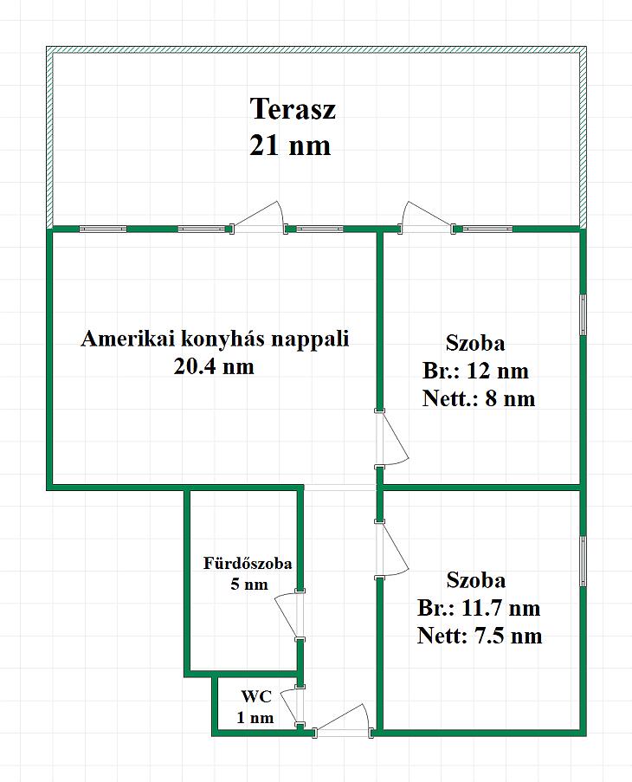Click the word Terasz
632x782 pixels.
point(293,109)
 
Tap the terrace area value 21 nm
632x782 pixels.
point(290,145)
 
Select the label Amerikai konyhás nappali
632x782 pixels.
point(215,339)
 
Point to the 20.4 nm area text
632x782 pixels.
point(214,366)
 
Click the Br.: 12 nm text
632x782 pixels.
point(475,371)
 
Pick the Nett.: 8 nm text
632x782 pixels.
point(479,398)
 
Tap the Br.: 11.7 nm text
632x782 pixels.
point(479,608)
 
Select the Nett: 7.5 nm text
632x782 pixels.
point(480,636)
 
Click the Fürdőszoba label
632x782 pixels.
point(248,564)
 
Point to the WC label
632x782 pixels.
point(256,696)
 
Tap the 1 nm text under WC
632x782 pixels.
point(255,718)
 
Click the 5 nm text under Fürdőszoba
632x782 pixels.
point(249,584)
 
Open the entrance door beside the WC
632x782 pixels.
point(343,719)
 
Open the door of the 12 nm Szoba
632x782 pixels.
point(392,439)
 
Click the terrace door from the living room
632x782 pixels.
point(259,217)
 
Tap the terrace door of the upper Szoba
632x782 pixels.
point(427,217)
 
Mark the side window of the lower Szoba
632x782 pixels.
point(584,561)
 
